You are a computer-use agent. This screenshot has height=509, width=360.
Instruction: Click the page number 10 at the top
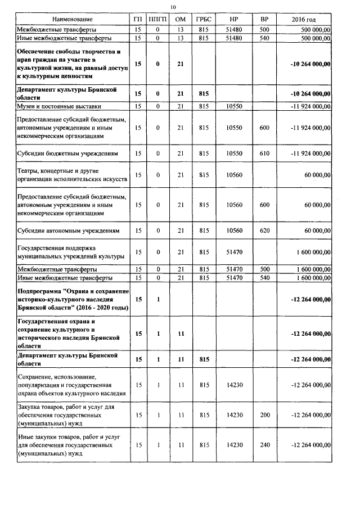point(173,6)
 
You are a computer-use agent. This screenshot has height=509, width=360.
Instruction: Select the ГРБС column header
point(203,20)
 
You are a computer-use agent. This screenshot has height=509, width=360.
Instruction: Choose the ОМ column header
point(181,20)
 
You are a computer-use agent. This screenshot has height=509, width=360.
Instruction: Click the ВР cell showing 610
point(264,153)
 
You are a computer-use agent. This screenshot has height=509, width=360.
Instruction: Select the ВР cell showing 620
point(264,231)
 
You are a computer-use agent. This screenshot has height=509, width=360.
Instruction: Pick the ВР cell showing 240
point(264,444)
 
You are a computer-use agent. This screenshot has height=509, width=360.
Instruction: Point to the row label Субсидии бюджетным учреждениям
point(67,153)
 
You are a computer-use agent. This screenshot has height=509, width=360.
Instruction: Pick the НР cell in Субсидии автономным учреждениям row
point(233,231)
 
